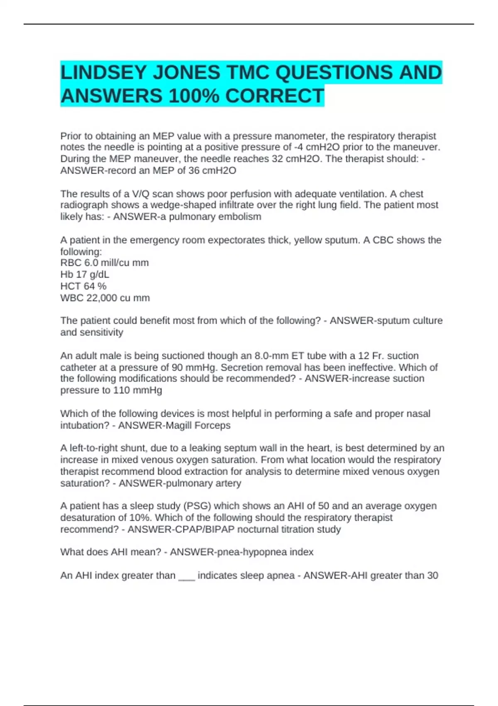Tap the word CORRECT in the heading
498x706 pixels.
click(274, 96)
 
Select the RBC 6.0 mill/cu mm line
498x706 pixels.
click(105, 263)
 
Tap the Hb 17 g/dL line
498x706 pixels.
click(85, 275)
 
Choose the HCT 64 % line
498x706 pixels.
click(83, 286)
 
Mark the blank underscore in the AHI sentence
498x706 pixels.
click(186, 576)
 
